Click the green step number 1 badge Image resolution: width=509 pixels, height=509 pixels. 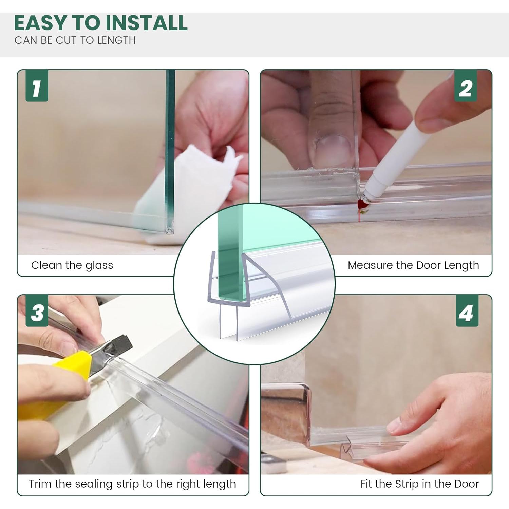pos(37,86)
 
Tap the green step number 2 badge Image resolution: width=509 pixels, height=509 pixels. pos(466,86)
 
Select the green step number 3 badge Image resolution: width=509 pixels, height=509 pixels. pos(37,311)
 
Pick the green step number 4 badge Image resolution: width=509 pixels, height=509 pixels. pos(467,311)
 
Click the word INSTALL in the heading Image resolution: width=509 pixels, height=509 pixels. pos(147,23)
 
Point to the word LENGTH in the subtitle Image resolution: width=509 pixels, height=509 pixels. pos(116,40)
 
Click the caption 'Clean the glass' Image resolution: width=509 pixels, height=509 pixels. pos(72,265)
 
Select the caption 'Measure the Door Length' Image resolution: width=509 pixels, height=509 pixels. pos(413,265)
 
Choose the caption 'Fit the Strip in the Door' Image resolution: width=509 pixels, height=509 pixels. pos(419,484)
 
